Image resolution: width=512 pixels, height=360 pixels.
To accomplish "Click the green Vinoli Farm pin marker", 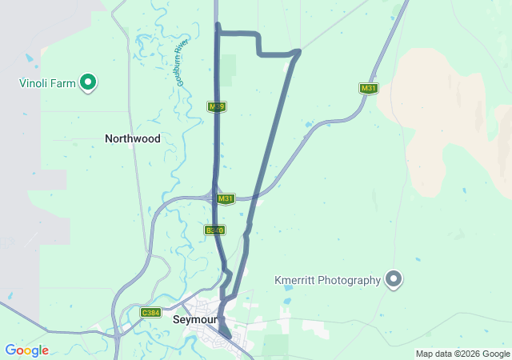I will pyautogui.click(x=90, y=82).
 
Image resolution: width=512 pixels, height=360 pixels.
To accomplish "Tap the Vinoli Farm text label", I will pyautogui.click(x=48, y=82).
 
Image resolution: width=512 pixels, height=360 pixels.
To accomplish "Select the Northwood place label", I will pyautogui.click(x=133, y=138).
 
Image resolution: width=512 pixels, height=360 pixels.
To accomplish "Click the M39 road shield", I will pyautogui.click(x=215, y=106).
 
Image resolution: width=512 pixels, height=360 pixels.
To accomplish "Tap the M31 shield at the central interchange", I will pyautogui.click(x=226, y=198).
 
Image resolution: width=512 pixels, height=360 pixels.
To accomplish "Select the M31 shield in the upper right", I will pyautogui.click(x=368, y=88).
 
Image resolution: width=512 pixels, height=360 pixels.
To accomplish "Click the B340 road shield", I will pyautogui.click(x=214, y=230).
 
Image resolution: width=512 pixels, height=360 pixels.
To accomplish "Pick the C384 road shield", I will pyautogui.click(x=150, y=312).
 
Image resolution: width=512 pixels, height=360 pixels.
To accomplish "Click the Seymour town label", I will pyautogui.click(x=195, y=319).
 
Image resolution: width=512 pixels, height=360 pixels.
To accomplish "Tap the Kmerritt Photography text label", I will pyautogui.click(x=327, y=280).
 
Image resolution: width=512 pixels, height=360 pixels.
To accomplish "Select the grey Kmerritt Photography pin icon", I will pyautogui.click(x=393, y=279).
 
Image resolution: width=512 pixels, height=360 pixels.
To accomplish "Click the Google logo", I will pyautogui.click(x=26, y=350).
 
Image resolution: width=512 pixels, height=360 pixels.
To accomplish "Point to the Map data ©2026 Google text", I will pyautogui.click(x=462, y=354).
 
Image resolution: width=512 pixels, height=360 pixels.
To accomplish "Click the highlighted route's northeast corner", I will pyautogui.click(x=297, y=53).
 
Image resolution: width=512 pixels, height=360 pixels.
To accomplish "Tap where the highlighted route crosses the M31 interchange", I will pyautogui.click(x=216, y=196).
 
